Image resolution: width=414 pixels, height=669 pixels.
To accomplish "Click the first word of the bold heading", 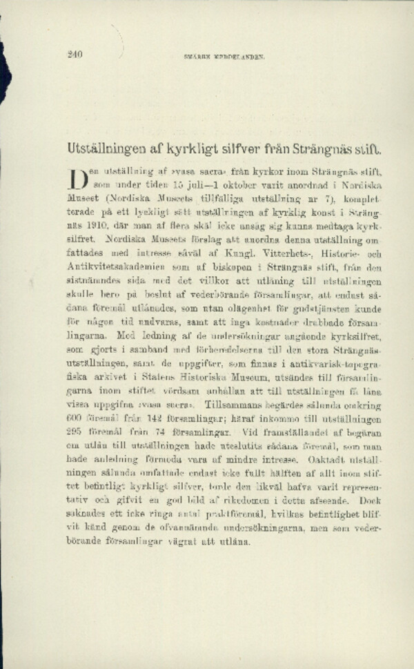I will coord(106,148).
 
